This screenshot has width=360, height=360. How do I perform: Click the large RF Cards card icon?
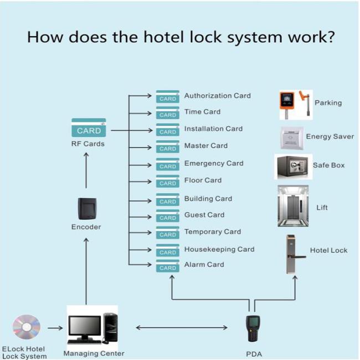point(89,127)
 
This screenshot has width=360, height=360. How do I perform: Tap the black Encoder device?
point(87,208)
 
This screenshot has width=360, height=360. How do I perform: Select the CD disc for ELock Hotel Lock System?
point(27,327)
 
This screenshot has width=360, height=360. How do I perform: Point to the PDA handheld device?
point(253,328)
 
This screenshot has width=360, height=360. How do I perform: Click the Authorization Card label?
point(218,95)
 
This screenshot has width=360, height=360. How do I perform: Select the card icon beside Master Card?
point(168,147)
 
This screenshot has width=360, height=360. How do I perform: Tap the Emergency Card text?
point(214,163)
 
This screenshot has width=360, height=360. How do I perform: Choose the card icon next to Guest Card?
point(168,216)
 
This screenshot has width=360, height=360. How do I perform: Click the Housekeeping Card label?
point(219,249)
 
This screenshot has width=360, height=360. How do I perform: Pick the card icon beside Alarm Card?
point(168,266)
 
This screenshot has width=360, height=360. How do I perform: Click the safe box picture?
point(293,167)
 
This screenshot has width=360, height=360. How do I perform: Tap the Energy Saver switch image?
point(291,138)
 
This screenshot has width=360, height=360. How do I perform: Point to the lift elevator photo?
point(293,206)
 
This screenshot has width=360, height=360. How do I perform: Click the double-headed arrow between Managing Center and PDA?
point(182,328)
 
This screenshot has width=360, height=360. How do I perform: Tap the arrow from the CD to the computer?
point(55,328)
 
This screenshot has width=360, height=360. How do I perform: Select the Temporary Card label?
point(213,232)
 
